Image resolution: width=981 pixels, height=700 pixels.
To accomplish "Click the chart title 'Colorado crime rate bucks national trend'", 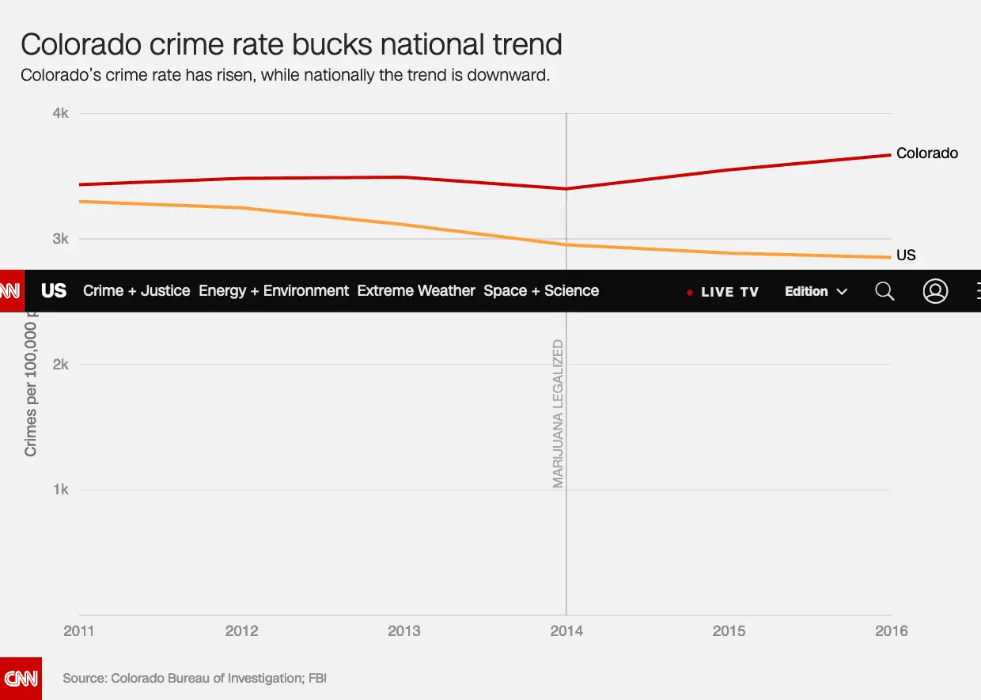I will pyautogui.click(x=291, y=44).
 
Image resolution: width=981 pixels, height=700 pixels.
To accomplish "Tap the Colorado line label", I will pyautogui.click(x=926, y=153).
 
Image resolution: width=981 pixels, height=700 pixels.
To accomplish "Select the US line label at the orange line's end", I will pyautogui.click(x=906, y=255).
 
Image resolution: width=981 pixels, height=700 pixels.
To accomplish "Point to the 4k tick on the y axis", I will pyautogui.click(x=61, y=114).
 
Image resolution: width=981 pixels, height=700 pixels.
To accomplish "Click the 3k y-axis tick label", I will pyautogui.click(x=61, y=239).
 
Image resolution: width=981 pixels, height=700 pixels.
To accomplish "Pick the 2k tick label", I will pyautogui.click(x=61, y=365).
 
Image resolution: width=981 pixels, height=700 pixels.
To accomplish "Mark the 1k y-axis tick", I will pyautogui.click(x=61, y=490).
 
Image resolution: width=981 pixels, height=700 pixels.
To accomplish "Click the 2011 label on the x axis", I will pyautogui.click(x=79, y=631).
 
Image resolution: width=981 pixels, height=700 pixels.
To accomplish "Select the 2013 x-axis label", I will pyautogui.click(x=404, y=631).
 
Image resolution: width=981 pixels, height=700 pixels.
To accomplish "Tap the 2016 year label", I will pyautogui.click(x=892, y=631).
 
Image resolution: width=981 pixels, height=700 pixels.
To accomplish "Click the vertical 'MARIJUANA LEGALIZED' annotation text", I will pyautogui.click(x=559, y=414).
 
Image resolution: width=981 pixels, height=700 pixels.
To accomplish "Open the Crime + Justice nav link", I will pyautogui.click(x=137, y=291).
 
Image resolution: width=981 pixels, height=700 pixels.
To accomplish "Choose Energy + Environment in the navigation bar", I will pyautogui.click(x=274, y=291).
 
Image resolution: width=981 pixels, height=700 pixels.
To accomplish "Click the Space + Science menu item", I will pyautogui.click(x=541, y=291).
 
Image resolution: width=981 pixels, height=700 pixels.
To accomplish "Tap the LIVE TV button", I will pyautogui.click(x=723, y=292).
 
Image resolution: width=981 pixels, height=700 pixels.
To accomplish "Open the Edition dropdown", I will pyautogui.click(x=816, y=292).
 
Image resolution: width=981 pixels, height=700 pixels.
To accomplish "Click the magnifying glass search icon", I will pyautogui.click(x=884, y=292).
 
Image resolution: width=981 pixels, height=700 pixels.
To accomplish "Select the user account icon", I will pyautogui.click(x=935, y=292).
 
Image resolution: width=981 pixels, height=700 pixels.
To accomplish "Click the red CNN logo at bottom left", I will pyautogui.click(x=21, y=678).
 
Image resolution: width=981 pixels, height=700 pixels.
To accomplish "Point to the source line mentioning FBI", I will pyautogui.click(x=195, y=679).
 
